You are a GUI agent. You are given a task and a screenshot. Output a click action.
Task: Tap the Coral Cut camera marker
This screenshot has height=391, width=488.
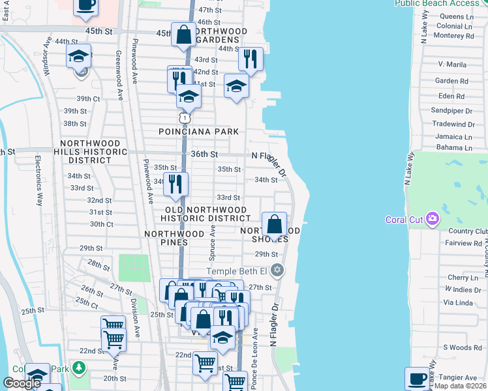coord(431,219)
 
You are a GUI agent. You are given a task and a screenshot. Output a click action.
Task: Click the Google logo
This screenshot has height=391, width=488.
coord(22,383)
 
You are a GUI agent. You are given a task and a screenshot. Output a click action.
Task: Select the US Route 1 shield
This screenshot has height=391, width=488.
coord(185,118)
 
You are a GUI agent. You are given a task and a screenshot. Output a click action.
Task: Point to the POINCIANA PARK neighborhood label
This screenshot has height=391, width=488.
coord(199,132)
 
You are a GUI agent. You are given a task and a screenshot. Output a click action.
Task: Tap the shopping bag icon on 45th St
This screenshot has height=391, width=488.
coord(184,34)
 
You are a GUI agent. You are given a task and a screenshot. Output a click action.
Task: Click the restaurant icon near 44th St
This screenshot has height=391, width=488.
coord(251,59)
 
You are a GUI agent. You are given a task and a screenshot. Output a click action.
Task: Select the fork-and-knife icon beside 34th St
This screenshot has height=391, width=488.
coord(175,184)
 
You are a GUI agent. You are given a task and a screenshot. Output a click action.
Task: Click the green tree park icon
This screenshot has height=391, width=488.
coord(79,368)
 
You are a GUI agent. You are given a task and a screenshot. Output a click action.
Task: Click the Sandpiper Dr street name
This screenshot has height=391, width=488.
coord(451,111)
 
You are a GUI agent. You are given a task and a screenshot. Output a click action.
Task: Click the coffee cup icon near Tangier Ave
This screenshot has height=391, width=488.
coord(418,378)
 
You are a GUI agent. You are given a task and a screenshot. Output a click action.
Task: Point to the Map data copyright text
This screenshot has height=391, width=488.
coord(460,386)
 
